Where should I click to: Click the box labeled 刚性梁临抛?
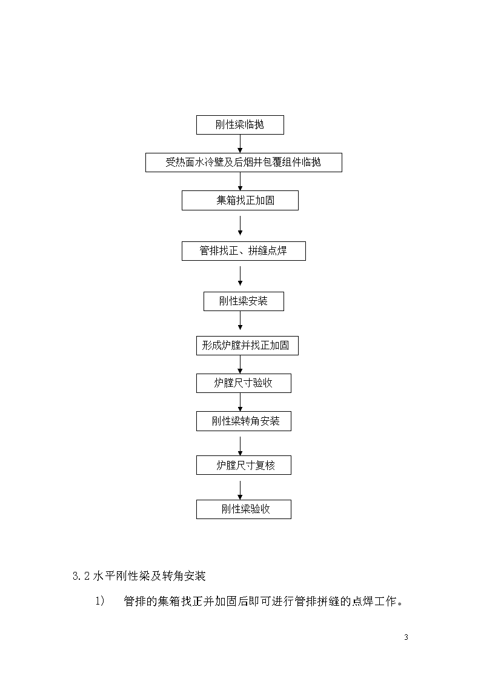pyautogui.click(x=240, y=125)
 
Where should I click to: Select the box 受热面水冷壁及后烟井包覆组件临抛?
pyautogui.click(x=244, y=163)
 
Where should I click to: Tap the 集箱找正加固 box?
pyautogui.click(x=240, y=201)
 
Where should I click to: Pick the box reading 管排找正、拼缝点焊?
pyautogui.click(x=244, y=251)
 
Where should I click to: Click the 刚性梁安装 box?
pyautogui.click(x=244, y=301)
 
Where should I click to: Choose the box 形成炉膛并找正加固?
pyautogui.click(x=247, y=346)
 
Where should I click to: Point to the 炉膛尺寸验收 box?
pyautogui.click(x=244, y=383)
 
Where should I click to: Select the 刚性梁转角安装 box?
pyautogui.click(x=244, y=421)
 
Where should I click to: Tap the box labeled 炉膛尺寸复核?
pyautogui.click(x=244, y=465)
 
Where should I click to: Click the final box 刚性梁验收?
pyautogui.click(x=244, y=509)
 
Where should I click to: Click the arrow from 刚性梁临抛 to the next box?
pyautogui.click(x=240, y=144)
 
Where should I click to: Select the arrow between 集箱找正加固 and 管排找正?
pyautogui.click(x=240, y=226)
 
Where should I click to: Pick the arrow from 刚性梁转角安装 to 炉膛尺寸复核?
pyautogui.click(x=240, y=446)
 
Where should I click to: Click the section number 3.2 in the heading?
pyautogui.click(x=81, y=576)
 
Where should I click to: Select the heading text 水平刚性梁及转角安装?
pyautogui.click(x=149, y=576)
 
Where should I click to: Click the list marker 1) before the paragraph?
pyautogui.click(x=100, y=601)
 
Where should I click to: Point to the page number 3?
pyautogui.click(x=406, y=637)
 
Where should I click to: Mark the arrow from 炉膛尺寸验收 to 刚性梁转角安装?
pyautogui.click(x=240, y=402)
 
